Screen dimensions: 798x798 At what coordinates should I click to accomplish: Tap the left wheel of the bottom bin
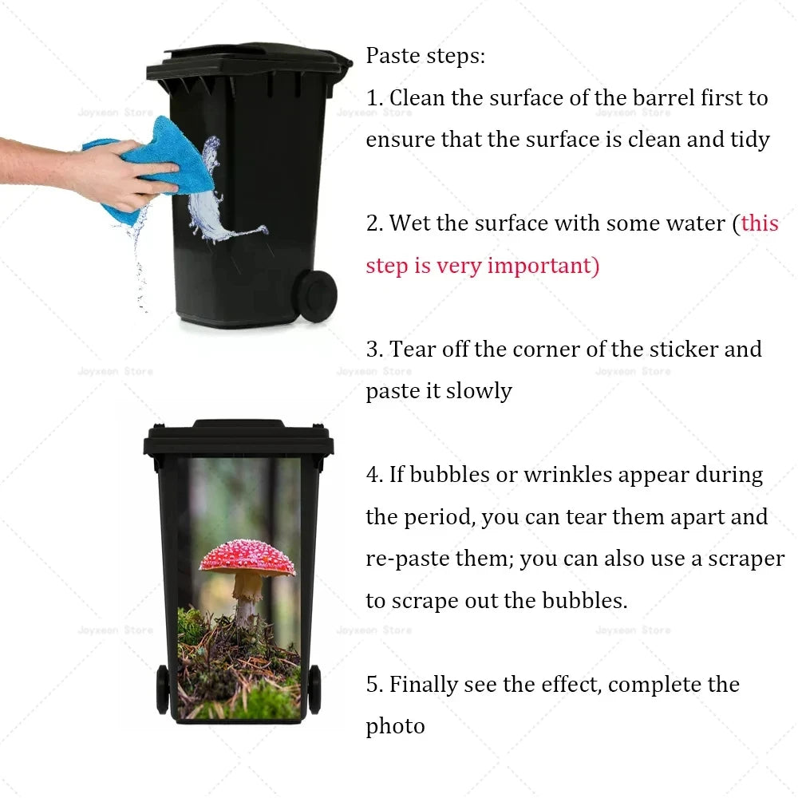pyautogui.click(x=163, y=688)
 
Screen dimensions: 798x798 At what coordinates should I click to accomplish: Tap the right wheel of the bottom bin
pyautogui.click(x=314, y=688)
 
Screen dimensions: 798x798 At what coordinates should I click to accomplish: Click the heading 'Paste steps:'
pyautogui.click(x=425, y=57)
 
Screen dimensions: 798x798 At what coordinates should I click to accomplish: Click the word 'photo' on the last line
pyautogui.click(x=396, y=726)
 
